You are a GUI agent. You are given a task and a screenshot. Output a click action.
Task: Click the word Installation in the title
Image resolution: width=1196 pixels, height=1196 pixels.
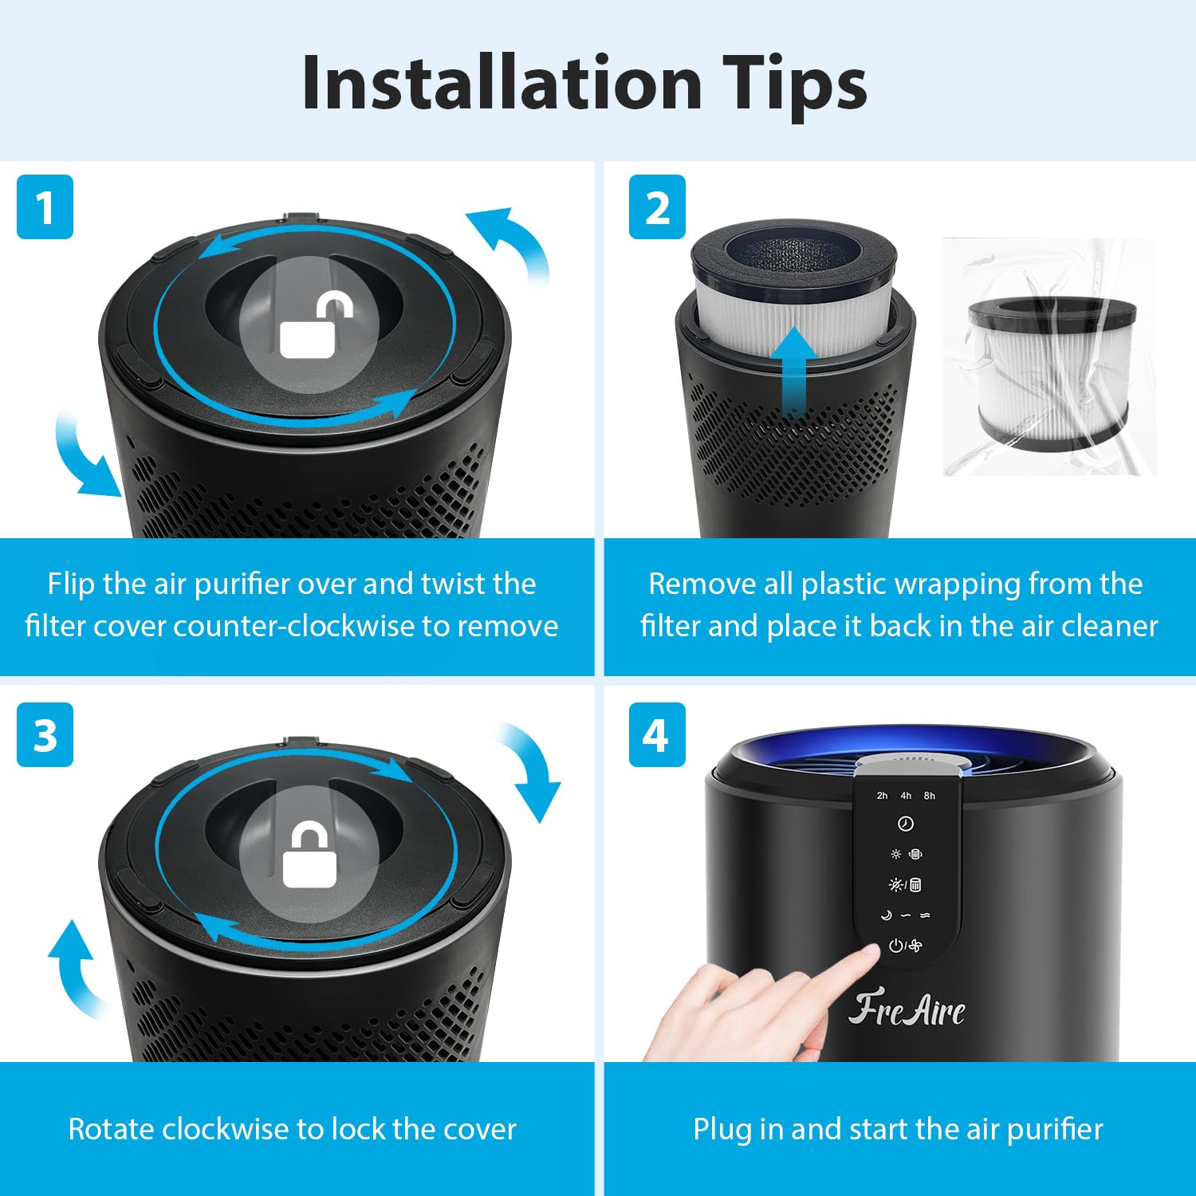pyautogui.click(x=502, y=84)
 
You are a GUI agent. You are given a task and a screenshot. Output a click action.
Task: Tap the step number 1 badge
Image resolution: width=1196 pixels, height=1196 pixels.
pyautogui.click(x=45, y=207)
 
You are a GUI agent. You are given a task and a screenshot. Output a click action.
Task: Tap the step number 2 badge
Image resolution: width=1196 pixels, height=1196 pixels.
pyautogui.click(x=657, y=207)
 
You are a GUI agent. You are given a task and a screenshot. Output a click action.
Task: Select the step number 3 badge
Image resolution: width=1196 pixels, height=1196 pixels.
pyautogui.click(x=45, y=735)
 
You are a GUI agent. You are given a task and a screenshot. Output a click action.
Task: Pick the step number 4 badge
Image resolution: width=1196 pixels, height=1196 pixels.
pyautogui.click(x=657, y=735)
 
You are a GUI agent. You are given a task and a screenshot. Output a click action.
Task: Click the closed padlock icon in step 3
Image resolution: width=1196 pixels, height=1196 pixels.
pyautogui.click(x=309, y=856)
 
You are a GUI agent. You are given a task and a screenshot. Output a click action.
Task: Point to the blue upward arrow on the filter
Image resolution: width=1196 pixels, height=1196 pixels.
pyautogui.click(x=793, y=371)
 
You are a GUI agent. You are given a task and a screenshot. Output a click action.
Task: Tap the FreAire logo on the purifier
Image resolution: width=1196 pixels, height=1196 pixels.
pyautogui.click(x=907, y=1010)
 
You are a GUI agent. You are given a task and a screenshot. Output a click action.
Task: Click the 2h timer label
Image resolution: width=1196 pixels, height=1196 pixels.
pyautogui.click(x=882, y=796)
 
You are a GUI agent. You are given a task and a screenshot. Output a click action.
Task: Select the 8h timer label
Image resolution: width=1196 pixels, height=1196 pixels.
pyautogui.click(x=930, y=796)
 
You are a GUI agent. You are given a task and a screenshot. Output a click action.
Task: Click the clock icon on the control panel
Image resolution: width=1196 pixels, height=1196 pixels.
pyautogui.click(x=906, y=824)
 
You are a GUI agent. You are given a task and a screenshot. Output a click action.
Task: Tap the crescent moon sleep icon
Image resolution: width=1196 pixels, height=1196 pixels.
pyautogui.click(x=886, y=915)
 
